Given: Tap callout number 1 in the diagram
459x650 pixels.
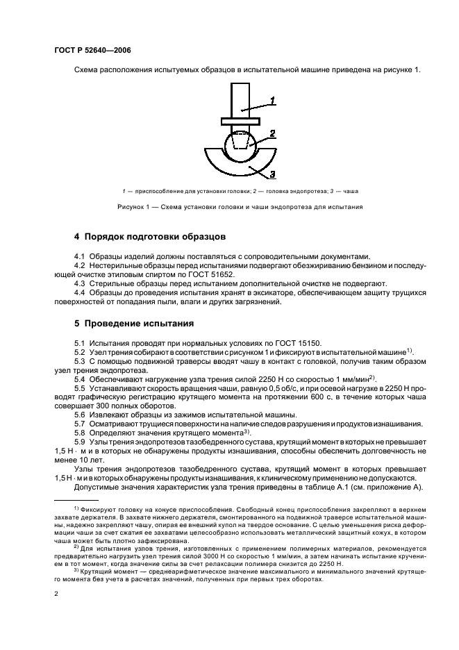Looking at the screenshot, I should pyautogui.click(x=273, y=101).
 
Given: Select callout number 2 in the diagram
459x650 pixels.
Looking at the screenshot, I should pyautogui.click(x=273, y=133).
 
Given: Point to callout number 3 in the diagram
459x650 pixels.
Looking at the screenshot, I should pyautogui.click(x=273, y=174).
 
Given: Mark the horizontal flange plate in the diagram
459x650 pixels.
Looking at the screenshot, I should pyautogui.click(x=240, y=122).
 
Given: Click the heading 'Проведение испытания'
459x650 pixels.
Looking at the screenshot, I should pyautogui.click(x=139, y=324).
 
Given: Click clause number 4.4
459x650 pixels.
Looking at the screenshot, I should pyautogui.click(x=80, y=293).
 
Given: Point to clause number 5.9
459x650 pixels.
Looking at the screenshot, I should pyautogui.click(x=80, y=442).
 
